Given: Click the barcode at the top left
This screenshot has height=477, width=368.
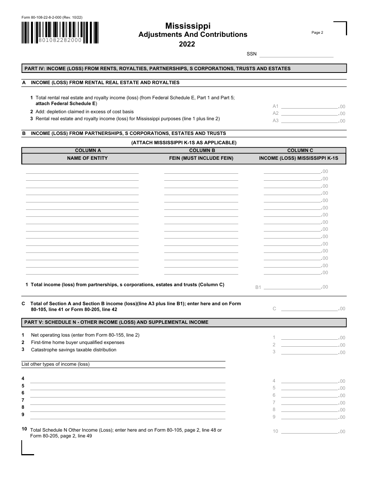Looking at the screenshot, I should [60, 33].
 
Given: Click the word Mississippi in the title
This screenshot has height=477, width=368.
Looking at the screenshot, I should [188, 26].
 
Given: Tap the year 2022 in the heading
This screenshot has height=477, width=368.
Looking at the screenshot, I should [187, 44].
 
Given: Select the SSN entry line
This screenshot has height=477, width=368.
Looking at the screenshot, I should [296, 54].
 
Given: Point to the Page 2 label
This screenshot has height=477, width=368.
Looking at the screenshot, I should [317, 33].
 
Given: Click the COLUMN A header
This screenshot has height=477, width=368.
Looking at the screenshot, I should [88, 150].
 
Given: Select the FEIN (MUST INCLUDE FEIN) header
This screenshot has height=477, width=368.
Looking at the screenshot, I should [201, 158].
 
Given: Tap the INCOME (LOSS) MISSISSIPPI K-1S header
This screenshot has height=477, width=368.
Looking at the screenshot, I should [299, 158].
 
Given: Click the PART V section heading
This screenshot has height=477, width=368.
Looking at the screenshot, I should [116, 322].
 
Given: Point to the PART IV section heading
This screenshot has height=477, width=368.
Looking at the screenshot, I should [157, 69].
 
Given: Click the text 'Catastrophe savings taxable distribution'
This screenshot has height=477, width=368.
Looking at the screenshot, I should [74, 350].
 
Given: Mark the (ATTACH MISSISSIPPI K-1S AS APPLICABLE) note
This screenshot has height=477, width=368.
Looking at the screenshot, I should [184, 142].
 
